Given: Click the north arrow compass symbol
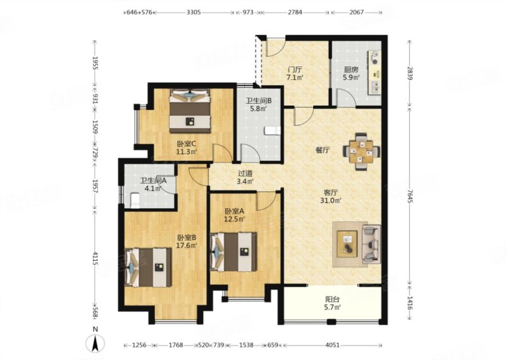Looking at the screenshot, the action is pyautogui.click(x=96, y=344).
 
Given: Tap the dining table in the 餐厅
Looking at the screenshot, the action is pyautogui.click(x=361, y=151).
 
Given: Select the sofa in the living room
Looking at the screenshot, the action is pyautogui.click(x=371, y=244).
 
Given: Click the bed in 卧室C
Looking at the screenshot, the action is pyautogui.click(x=190, y=111).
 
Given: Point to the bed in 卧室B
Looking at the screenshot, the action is pyautogui.click(x=148, y=268).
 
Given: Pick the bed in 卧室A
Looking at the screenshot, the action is pyautogui.click(x=233, y=252).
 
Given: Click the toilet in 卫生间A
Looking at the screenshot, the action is pyautogui.click(x=135, y=200).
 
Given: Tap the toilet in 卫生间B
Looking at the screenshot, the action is pyautogui.click(x=273, y=131).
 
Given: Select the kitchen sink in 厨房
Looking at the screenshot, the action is pyautogui.click(x=375, y=87).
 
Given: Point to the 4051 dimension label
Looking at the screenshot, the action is pyautogui.click(x=333, y=345).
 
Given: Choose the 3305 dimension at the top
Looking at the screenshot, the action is pyautogui.click(x=194, y=13).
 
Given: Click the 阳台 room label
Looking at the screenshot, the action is pyautogui.click(x=333, y=299).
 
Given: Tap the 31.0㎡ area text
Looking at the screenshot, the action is pyautogui.click(x=333, y=201).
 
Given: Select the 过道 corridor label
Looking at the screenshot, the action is pyautogui.click(x=245, y=173).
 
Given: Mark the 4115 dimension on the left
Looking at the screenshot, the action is pyautogui.click(x=95, y=259).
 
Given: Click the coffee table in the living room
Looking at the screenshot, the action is pyautogui.click(x=347, y=244).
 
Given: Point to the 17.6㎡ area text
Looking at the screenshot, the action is pyautogui.click(x=187, y=245).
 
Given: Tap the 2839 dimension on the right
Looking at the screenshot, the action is pyautogui.click(x=410, y=74).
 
